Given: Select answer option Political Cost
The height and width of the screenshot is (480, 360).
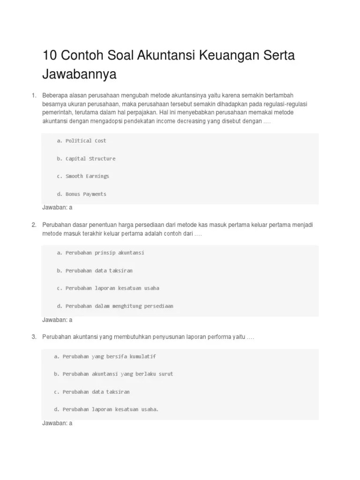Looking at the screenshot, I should [x=82, y=141].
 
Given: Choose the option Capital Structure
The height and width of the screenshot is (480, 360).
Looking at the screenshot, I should [x=86, y=158].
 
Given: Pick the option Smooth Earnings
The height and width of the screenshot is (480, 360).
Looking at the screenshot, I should [x=83, y=176].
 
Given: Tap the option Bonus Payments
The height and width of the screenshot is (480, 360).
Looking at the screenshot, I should [x=82, y=194].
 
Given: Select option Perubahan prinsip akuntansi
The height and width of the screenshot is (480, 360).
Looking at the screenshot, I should [x=100, y=253].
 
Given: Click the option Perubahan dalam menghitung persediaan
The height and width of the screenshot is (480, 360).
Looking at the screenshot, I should [x=115, y=306].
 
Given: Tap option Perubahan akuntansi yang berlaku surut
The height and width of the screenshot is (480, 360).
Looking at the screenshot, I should [x=113, y=374].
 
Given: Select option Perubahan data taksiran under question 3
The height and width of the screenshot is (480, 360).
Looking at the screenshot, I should [x=91, y=392].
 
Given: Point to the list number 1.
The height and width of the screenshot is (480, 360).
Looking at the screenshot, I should [x=34, y=96].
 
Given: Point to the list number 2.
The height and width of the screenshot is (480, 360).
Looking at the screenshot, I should [x=34, y=225].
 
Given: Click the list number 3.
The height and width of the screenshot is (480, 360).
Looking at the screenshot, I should [x=34, y=337].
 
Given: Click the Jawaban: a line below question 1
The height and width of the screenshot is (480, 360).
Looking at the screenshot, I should [x=57, y=207].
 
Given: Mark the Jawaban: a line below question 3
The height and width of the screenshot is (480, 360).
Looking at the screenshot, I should [x=57, y=423].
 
